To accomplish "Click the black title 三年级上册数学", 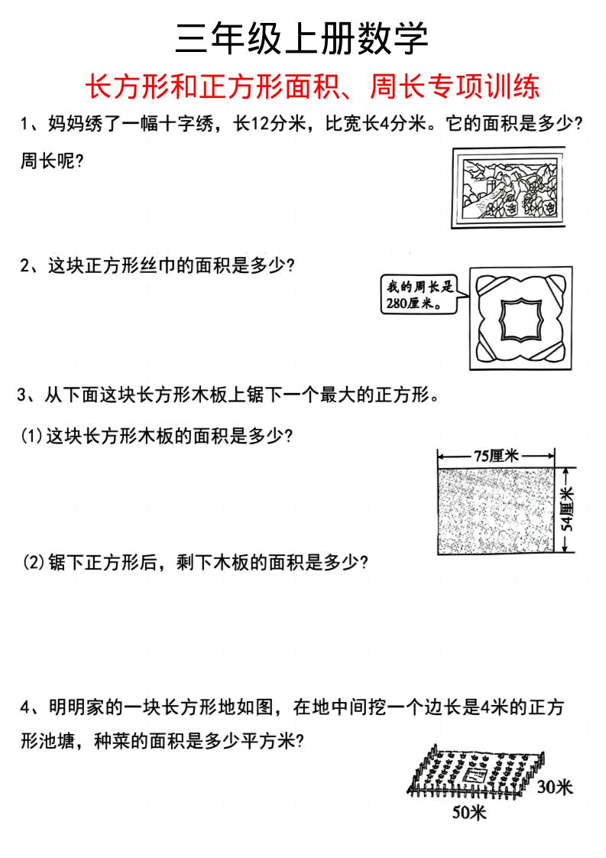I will [302, 38].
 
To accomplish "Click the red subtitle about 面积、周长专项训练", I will [314, 86].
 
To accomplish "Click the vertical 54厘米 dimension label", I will [567, 510].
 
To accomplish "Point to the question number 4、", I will [32, 708].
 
